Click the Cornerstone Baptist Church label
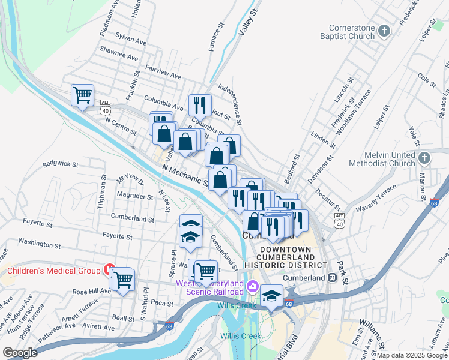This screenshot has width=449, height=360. tap(352, 32)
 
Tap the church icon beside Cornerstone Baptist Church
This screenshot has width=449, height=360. tap(384, 29)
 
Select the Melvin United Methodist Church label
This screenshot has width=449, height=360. tap(384, 159)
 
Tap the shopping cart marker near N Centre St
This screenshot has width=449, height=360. tap(82, 95)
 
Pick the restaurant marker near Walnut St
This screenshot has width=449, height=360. tap(200, 105)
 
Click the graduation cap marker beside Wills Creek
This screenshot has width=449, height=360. tap(271, 296)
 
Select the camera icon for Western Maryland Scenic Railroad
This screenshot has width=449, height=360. tap(253, 286)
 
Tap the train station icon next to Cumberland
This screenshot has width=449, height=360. tap(331, 278)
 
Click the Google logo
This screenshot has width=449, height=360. tap(20, 353)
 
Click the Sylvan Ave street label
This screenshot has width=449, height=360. tap(131, 43)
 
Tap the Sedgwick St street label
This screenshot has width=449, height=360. tap(61, 163)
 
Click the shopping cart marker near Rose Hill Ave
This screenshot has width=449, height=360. tap(123, 279)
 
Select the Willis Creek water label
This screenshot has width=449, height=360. tap(240, 336)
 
